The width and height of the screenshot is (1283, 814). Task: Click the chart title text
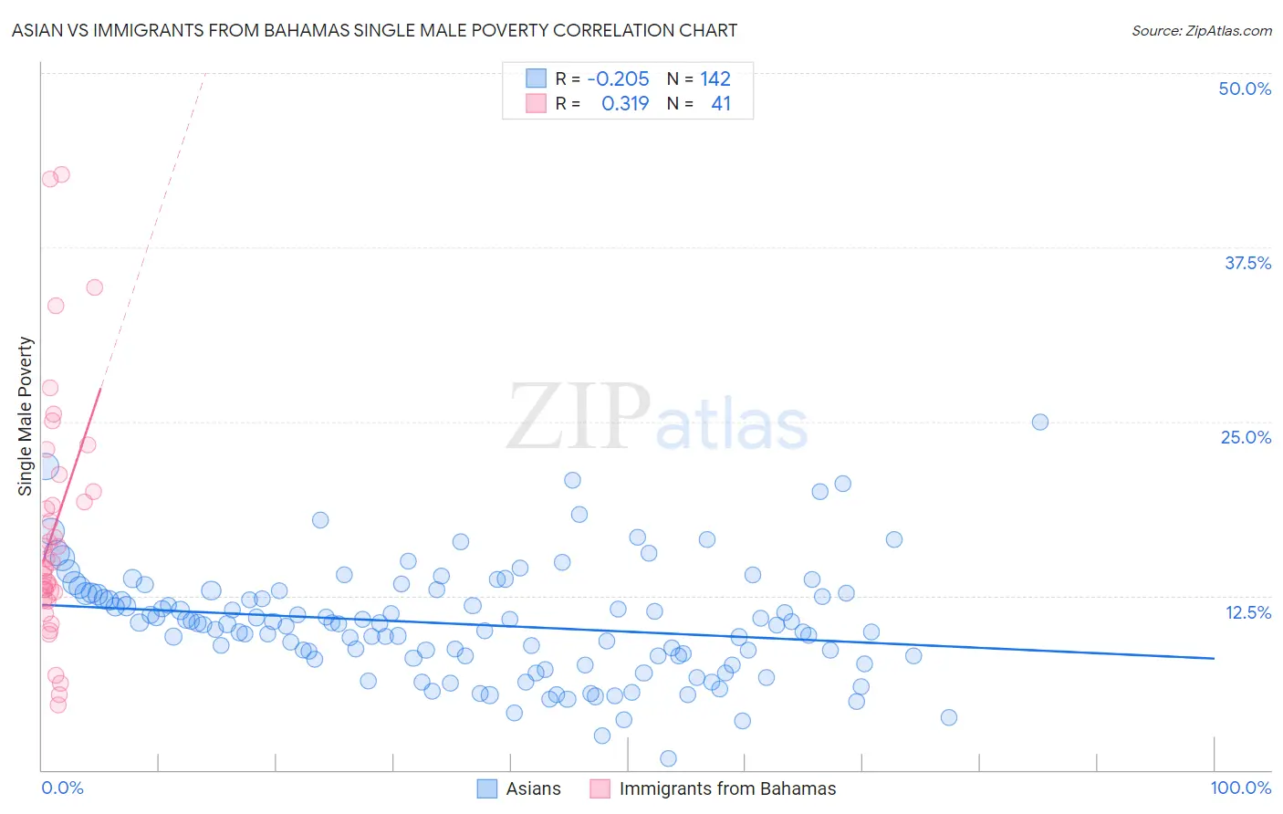click(x=374, y=30)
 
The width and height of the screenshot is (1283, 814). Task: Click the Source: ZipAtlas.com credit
click(x=1201, y=30)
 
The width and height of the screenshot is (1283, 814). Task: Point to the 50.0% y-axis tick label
click(x=1245, y=89)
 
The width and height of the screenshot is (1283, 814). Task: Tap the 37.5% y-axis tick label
click(x=1247, y=263)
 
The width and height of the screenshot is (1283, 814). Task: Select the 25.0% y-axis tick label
click(x=1246, y=437)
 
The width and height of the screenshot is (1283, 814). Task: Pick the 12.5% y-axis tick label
click(x=1247, y=611)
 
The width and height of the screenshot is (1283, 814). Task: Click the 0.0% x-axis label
click(x=62, y=788)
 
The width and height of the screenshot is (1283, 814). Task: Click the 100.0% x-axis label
click(x=1240, y=788)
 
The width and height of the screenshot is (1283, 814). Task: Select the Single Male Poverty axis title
click(x=26, y=416)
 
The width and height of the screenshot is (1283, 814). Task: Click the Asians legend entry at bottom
click(x=533, y=788)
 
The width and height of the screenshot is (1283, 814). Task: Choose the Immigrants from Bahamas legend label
click(x=727, y=788)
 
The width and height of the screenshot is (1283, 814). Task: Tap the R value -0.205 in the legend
click(x=618, y=79)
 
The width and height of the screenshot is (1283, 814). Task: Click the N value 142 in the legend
click(x=715, y=79)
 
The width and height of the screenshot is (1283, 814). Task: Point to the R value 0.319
click(x=625, y=104)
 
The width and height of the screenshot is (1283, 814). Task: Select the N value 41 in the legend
click(x=721, y=104)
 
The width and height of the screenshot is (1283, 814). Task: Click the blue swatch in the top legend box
click(x=536, y=78)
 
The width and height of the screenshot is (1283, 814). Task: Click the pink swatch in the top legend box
click(x=536, y=103)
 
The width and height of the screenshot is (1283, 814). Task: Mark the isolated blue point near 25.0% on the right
click(x=1039, y=422)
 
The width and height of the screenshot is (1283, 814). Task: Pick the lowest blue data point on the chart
click(x=668, y=758)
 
